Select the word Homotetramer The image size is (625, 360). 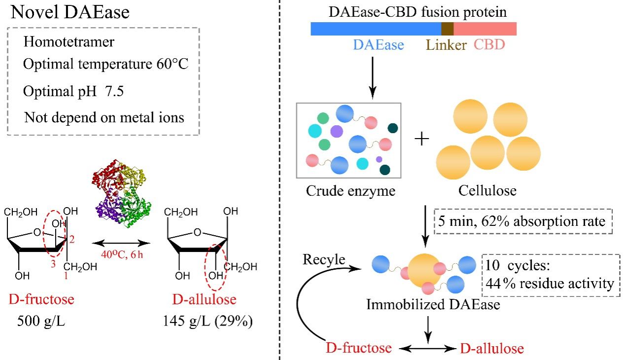coord(69,42)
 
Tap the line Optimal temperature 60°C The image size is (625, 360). coord(106,65)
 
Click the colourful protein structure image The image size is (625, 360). coord(119,193)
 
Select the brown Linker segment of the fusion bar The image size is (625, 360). coord(447,29)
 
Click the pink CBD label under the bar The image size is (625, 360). coord(489,45)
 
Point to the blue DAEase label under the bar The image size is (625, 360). coord(378,45)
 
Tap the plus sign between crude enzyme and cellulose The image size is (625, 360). coord(422,140)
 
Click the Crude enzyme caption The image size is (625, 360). coord(350,191)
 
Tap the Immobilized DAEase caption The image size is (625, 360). coord(433,305)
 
